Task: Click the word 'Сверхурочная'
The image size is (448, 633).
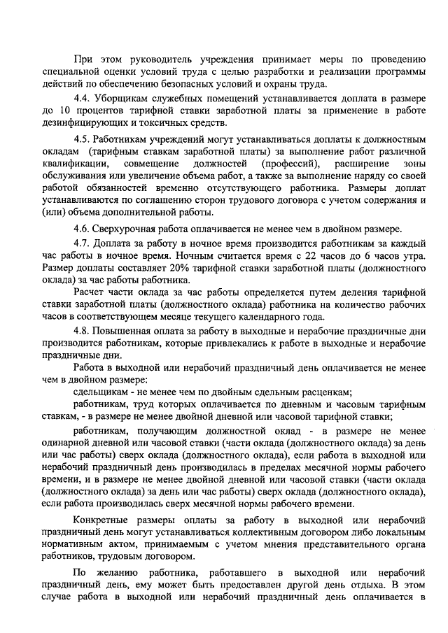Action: pyautogui.click(x=128, y=229)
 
